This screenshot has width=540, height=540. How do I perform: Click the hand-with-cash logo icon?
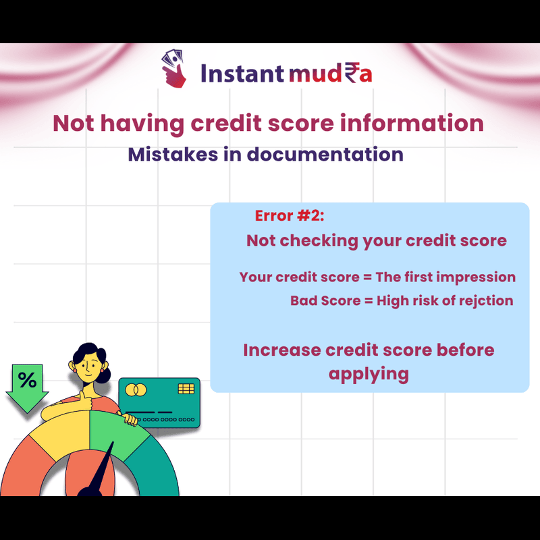coord(174,68)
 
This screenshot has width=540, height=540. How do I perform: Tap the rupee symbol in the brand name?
coord(351,73)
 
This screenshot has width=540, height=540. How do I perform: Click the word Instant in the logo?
coord(242,73)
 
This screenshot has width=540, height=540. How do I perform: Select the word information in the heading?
coord(412,124)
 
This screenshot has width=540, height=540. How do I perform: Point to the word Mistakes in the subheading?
coord(173,155)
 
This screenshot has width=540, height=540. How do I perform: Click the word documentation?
coord(325,155)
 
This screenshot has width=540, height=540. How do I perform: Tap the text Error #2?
coord(290,216)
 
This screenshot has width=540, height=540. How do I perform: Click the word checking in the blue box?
coord(319,241)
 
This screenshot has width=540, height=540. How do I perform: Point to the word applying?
coord(369,375)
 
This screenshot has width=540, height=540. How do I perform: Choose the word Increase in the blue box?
coord(282,350)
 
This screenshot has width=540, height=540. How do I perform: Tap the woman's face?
coord(88,367)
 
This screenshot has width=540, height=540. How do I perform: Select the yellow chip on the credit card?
coord(186,389)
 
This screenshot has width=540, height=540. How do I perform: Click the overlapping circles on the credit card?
coord(136,390)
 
